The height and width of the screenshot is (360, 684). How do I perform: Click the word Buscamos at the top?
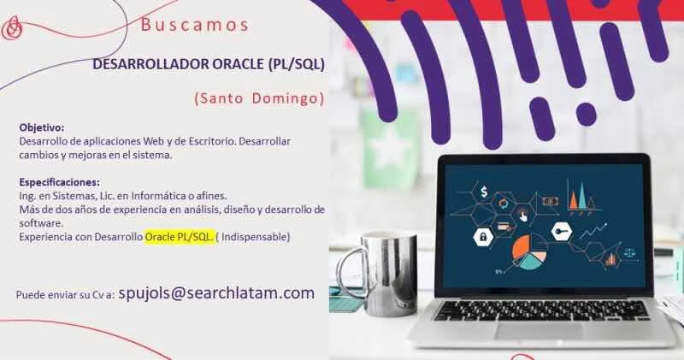tap(195, 25)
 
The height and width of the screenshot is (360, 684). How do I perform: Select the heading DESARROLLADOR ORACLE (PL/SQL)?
tap(209, 64)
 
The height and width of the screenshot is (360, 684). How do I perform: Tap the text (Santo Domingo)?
tap(260, 98)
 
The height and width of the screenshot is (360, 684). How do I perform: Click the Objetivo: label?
tap(42, 128)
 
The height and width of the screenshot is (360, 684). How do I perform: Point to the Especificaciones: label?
tap(59, 182)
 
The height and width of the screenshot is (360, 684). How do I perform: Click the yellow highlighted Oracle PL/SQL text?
tap(180, 237)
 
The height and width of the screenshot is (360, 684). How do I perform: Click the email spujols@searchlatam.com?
tap(216, 292)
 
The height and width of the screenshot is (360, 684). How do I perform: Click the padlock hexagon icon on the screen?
tap(483, 237)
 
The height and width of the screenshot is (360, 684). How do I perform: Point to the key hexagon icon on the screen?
tap(562, 232)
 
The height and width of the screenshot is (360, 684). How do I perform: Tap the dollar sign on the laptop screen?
tap(484, 192)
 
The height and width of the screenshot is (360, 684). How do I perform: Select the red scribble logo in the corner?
tap(12, 28)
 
